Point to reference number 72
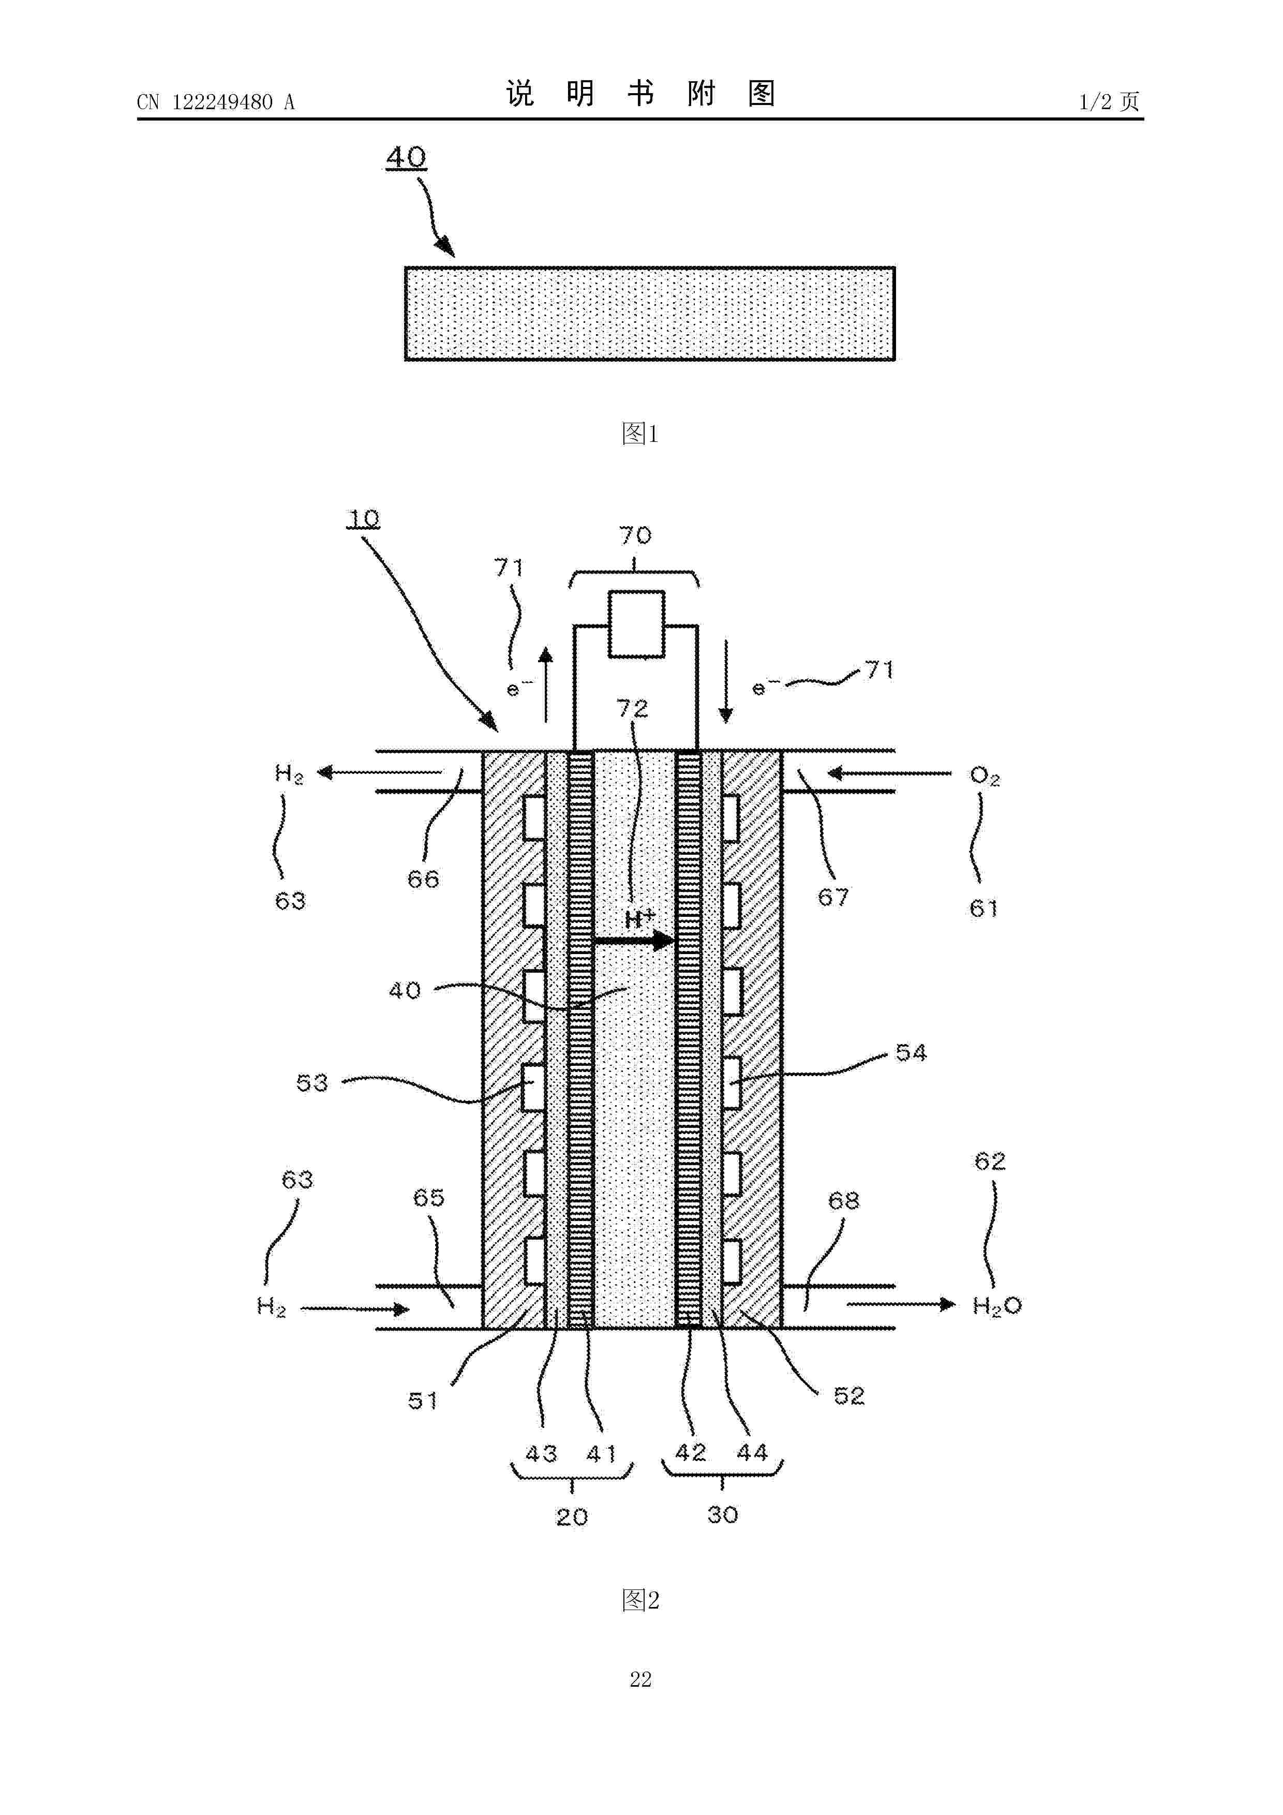(x=632, y=708)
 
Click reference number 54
(x=911, y=1052)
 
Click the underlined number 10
(x=364, y=519)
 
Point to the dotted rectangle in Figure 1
(x=650, y=314)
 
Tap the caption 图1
(x=640, y=433)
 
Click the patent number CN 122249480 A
(x=216, y=102)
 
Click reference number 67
(x=833, y=897)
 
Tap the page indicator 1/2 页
(x=1110, y=102)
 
